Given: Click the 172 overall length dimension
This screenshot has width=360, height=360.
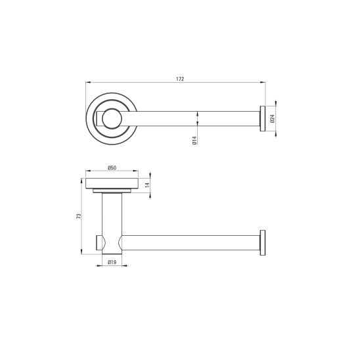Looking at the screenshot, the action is (180, 79).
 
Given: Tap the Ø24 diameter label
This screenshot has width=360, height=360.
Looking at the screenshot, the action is (273, 119).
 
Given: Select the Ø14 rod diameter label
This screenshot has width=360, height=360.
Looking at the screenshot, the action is (194, 141).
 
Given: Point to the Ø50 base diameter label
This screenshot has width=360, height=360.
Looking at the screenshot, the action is (112, 168).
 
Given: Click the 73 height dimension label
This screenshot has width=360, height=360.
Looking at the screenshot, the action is (79, 216).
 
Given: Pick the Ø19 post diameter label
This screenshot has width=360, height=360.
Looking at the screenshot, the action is (112, 262).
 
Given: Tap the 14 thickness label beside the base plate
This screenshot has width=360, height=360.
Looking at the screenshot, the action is (147, 185).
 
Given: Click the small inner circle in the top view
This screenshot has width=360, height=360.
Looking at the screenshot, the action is (112, 119).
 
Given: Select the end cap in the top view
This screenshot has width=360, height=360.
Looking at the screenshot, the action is (263, 119).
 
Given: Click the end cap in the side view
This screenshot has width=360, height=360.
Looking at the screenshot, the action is (263, 242).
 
